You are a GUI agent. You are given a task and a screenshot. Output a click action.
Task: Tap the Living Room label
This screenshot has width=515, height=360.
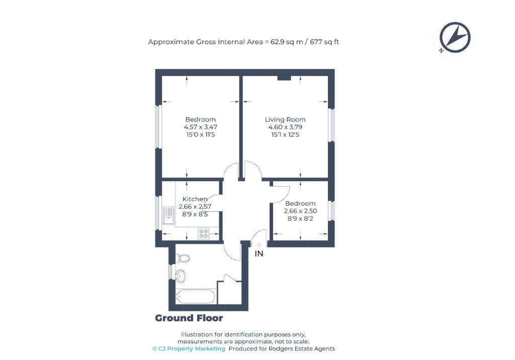tap(285, 120)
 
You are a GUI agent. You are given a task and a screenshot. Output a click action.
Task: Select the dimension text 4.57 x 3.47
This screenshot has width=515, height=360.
tap(200, 127)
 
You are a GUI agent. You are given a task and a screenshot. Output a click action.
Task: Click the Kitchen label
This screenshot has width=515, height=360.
tap(195, 199)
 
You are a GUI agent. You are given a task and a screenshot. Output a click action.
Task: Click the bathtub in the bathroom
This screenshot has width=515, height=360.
tap(196, 297)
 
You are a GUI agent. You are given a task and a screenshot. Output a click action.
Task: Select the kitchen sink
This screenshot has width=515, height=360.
tap(168, 216)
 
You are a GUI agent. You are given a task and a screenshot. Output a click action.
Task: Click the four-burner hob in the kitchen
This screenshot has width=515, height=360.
tap(204, 234)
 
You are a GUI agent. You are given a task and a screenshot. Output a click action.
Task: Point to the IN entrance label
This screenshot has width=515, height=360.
tap(259, 254)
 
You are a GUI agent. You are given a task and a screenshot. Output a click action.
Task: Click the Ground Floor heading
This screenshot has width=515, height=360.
tap(189, 318)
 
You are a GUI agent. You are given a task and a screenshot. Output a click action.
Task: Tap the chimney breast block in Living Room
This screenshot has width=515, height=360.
tap(284, 77)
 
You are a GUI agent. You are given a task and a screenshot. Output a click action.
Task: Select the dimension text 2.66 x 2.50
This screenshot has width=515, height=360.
tap(300, 211)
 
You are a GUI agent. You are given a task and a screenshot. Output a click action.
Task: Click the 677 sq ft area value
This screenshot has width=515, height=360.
tap(325, 42)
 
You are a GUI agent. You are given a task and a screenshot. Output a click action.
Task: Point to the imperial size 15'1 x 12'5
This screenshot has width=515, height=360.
tap(285, 135)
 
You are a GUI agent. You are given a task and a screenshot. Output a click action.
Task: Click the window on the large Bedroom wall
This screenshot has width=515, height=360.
tap(158, 127)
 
